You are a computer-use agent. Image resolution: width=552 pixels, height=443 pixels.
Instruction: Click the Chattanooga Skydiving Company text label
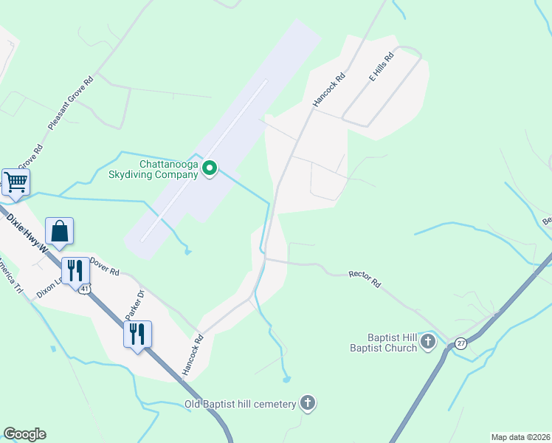pos(169,169)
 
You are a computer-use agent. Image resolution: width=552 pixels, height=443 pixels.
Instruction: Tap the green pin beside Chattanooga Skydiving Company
pos(210,169)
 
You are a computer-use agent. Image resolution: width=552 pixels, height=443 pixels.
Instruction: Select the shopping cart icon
pos(15,182)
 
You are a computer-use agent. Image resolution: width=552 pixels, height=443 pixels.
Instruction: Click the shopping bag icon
pos(60,231)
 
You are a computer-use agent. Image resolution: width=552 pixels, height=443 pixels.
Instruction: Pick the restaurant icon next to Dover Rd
pos(75,270)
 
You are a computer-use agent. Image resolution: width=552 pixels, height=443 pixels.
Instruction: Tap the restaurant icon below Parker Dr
pos(137,334)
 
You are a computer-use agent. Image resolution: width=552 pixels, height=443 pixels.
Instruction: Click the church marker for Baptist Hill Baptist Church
pos(429,342)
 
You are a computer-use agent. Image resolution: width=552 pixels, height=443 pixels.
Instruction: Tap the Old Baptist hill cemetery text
pos(240,403)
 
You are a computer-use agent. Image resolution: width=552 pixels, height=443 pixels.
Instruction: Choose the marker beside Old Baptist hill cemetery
pos(308,402)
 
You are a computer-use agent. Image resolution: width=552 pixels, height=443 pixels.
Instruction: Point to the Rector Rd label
pos(364,278)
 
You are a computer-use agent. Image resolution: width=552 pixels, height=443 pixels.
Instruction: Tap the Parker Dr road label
pos(133,309)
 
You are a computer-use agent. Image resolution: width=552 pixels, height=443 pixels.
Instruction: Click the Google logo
pos(25,434)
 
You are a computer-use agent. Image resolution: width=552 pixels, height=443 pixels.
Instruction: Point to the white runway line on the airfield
pos(204,162)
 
